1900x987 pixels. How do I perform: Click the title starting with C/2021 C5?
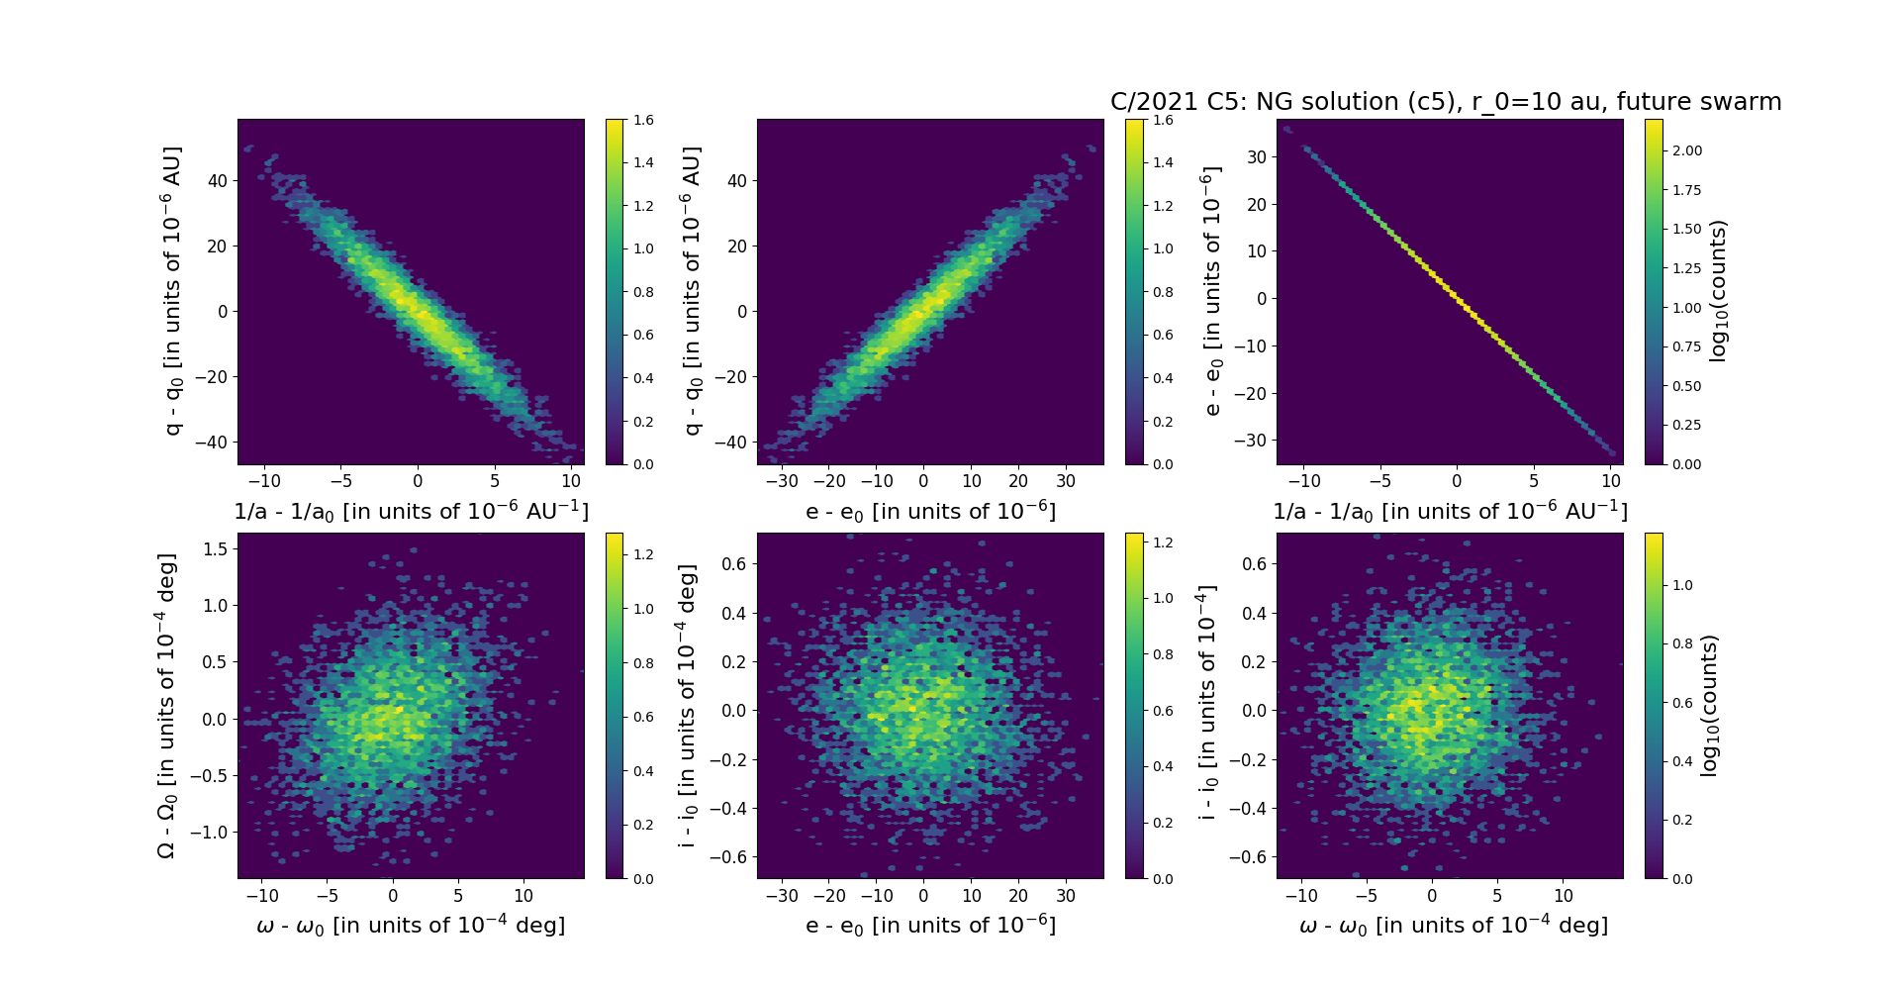(x=1445, y=102)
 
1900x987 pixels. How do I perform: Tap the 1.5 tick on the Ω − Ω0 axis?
(x=214, y=548)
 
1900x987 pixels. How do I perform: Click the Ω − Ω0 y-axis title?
(x=167, y=705)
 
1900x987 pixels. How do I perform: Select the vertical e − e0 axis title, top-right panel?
(x=1211, y=291)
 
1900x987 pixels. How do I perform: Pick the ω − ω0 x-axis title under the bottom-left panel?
(x=411, y=926)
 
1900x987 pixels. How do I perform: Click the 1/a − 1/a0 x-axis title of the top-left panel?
(x=411, y=512)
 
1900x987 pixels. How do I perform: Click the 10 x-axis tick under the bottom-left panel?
(x=523, y=896)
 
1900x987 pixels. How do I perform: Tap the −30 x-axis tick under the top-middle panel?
(x=783, y=482)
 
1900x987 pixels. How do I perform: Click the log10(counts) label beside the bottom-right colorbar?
(x=1709, y=705)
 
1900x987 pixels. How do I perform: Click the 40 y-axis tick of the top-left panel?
(x=217, y=180)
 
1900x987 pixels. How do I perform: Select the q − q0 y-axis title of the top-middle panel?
(x=692, y=291)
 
